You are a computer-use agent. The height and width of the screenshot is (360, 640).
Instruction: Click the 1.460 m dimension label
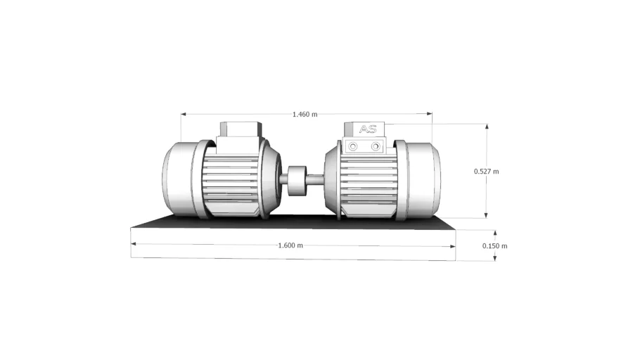(x=305, y=115)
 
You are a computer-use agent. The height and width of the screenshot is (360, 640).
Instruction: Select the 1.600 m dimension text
(x=290, y=245)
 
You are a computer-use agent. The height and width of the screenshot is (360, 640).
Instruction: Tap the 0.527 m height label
(x=486, y=172)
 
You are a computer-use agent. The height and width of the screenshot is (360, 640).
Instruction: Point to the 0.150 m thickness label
(x=494, y=245)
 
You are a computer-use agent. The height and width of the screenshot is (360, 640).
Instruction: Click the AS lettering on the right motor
(x=368, y=129)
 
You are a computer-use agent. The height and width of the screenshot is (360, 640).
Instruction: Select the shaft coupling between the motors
(x=297, y=181)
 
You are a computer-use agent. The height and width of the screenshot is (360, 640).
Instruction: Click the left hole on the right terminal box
(x=352, y=146)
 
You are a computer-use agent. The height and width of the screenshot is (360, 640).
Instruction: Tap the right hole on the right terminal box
(x=376, y=146)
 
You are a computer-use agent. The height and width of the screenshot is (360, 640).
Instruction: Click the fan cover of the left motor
(x=179, y=179)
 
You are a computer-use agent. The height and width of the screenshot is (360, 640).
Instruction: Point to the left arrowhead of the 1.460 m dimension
(x=184, y=115)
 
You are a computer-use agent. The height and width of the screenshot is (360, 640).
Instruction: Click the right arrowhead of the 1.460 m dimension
(x=430, y=114)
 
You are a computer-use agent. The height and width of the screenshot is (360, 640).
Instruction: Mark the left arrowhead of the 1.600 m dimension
(x=133, y=244)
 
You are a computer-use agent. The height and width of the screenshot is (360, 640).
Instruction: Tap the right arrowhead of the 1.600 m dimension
(x=453, y=246)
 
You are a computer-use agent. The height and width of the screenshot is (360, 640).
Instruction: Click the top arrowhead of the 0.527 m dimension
(x=487, y=127)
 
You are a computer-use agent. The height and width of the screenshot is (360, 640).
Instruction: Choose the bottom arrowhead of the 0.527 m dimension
(x=486, y=215)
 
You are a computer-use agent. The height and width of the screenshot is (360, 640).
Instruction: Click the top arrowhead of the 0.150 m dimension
(x=495, y=233)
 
